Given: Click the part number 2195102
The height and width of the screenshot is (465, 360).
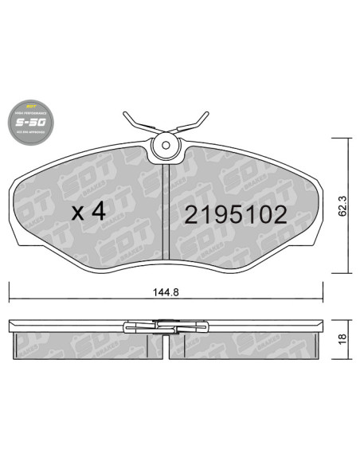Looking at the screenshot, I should [x=235, y=215].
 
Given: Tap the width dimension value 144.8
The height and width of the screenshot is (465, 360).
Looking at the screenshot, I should [x=166, y=291].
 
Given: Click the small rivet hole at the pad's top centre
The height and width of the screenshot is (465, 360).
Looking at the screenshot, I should [x=166, y=145].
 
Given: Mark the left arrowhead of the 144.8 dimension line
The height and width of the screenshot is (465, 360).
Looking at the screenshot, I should [x=11, y=302].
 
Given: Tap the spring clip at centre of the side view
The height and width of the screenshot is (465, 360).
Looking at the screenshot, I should [x=166, y=326].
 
